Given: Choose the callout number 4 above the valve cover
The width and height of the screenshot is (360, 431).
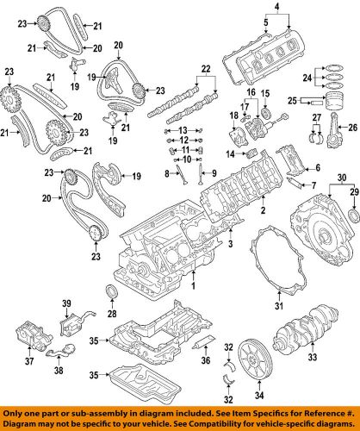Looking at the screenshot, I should (x=264, y=9).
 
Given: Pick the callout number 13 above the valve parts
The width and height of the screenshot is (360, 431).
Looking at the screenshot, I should (x=182, y=128).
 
